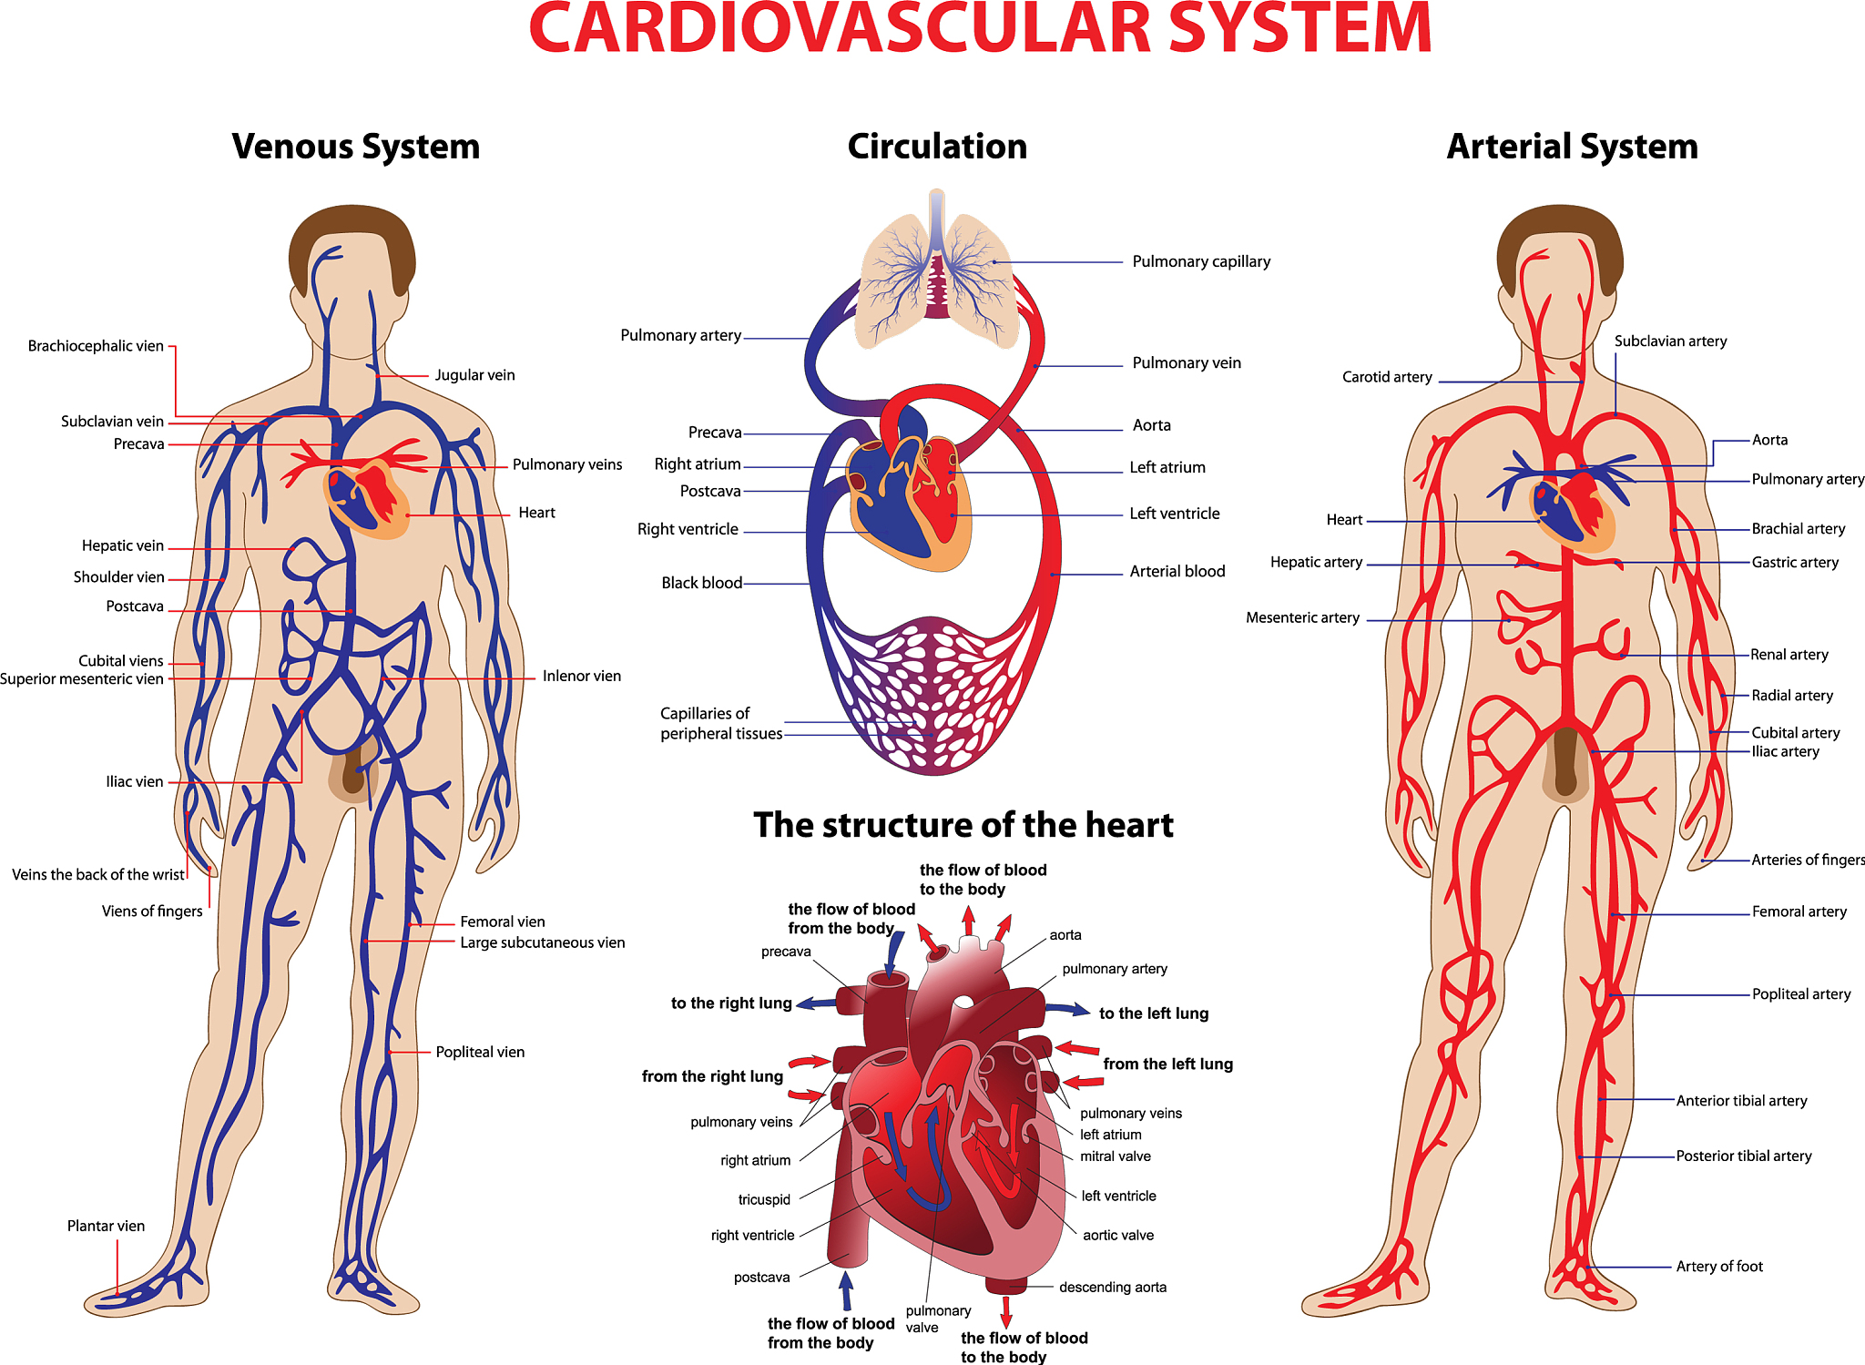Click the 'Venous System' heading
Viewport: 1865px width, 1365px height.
click(355, 147)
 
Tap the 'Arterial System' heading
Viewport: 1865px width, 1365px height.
click(1573, 147)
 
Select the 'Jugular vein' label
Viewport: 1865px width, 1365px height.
click(474, 375)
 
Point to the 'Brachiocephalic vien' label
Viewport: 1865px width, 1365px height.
click(96, 346)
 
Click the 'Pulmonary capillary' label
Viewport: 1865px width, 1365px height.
click(1201, 262)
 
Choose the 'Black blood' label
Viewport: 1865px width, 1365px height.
click(701, 583)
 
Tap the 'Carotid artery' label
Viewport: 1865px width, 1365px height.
click(1387, 377)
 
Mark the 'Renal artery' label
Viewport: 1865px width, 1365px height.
click(1789, 655)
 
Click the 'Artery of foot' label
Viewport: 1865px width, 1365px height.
click(1719, 1267)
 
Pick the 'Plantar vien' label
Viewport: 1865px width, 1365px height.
click(106, 1227)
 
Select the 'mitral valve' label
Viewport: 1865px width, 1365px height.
click(1116, 1156)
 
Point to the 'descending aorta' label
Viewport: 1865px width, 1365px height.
click(1113, 1288)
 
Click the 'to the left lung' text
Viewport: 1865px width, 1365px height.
click(1154, 1014)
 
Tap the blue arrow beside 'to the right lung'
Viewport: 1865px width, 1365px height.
click(817, 1003)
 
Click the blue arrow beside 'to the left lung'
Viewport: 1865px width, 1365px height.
click(1067, 1008)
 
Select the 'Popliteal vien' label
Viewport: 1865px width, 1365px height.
click(480, 1053)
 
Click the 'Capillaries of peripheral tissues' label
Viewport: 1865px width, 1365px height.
click(721, 724)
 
